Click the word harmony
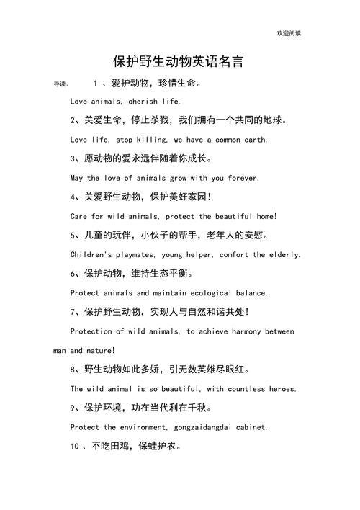(242, 331)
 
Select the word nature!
(100, 351)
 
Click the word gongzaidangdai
(190, 427)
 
